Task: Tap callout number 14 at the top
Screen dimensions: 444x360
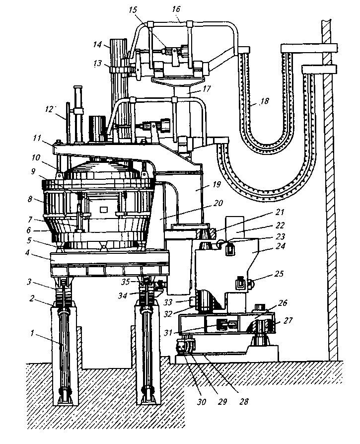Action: coord(97,44)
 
